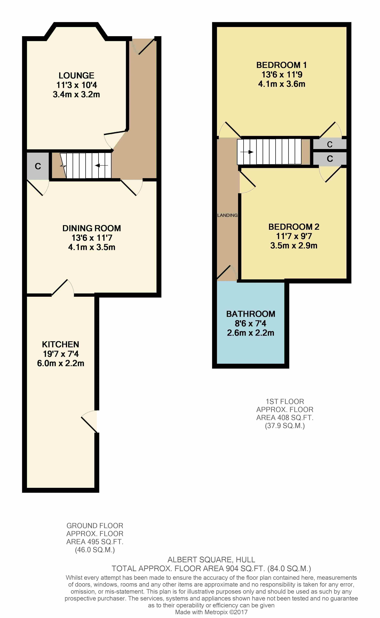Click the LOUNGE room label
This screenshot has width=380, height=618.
point(76,75)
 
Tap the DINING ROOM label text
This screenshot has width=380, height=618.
point(92,228)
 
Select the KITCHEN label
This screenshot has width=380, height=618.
point(60,344)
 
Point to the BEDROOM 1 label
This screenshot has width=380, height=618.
point(281,65)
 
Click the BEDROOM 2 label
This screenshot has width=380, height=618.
point(294,227)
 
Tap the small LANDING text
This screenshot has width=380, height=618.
point(227,215)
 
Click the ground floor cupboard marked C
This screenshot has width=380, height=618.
point(38,166)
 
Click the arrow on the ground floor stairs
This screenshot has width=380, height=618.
point(102,165)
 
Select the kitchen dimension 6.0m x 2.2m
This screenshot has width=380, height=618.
point(60,363)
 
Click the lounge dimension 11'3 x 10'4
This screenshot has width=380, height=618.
point(76,85)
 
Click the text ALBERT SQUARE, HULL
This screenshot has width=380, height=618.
point(211,559)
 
